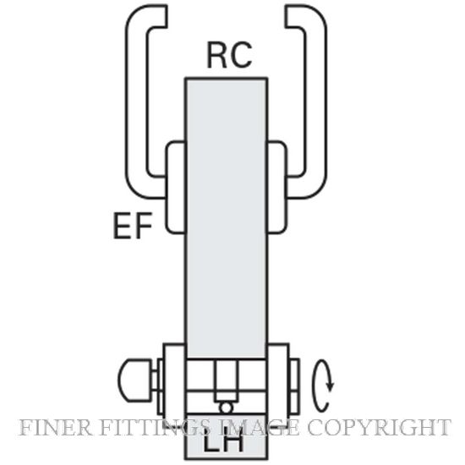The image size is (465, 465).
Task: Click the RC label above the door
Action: (229, 55)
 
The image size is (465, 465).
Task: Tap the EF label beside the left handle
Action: (133, 226)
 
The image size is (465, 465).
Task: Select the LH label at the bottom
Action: (223, 443)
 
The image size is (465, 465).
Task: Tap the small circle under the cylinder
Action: (226, 408)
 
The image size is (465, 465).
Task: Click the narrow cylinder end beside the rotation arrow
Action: (294, 386)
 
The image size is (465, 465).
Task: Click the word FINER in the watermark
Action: (55, 427)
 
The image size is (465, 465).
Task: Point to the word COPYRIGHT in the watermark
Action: (380, 427)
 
